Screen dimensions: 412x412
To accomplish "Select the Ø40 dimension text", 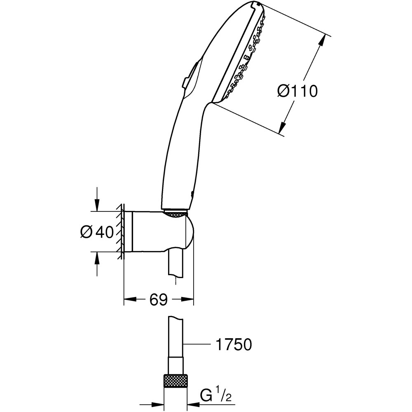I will click(x=96, y=232).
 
